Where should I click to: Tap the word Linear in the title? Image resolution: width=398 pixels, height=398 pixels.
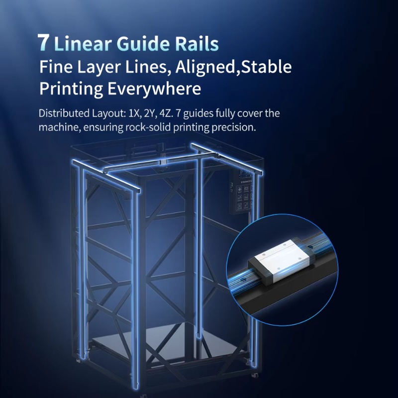[83, 43]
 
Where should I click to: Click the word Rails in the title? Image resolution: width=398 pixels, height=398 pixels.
[197, 43]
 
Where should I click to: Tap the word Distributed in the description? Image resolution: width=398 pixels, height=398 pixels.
[64, 113]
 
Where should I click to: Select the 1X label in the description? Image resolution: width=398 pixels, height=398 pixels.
[134, 113]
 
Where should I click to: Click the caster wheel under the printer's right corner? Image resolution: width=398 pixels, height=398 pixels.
[254, 375]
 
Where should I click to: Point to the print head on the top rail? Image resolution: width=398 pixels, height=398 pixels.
[163, 161]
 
